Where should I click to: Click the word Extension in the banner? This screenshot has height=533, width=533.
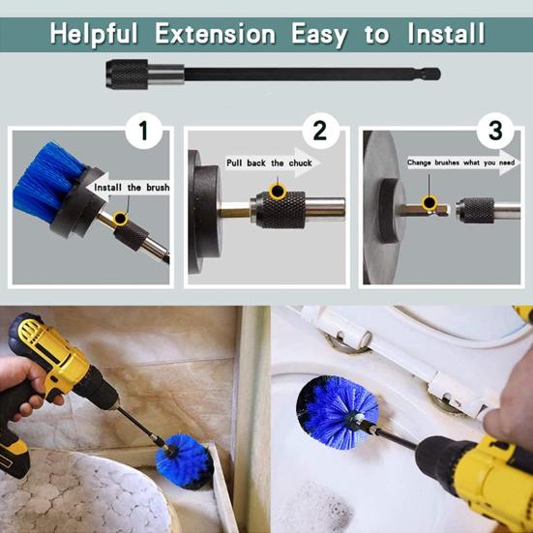tap(215, 34)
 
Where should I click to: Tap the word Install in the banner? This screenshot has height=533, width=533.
tap(446, 33)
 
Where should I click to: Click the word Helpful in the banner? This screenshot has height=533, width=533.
tap(94, 35)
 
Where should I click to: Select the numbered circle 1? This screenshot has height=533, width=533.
tap(143, 131)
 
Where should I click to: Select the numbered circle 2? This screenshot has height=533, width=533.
tap(320, 131)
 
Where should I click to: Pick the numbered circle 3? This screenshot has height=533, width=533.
tap(495, 131)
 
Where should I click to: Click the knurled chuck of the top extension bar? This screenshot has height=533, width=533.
tap(127, 74)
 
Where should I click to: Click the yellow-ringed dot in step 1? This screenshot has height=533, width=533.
tap(120, 219)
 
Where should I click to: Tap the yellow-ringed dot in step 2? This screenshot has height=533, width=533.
tap(278, 191)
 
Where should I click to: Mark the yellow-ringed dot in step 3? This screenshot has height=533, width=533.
tap(429, 203)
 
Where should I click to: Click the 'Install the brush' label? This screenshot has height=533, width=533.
tap(132, 188)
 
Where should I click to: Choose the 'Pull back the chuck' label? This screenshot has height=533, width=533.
tap(269, 163)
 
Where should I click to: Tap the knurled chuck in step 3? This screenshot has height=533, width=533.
tap(475, 210)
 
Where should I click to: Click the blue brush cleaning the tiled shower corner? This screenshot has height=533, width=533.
tap(183, 460)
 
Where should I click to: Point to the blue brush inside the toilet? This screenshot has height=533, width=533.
tap(337, 412)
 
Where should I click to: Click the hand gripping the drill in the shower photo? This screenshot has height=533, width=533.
tap(24, 388)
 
